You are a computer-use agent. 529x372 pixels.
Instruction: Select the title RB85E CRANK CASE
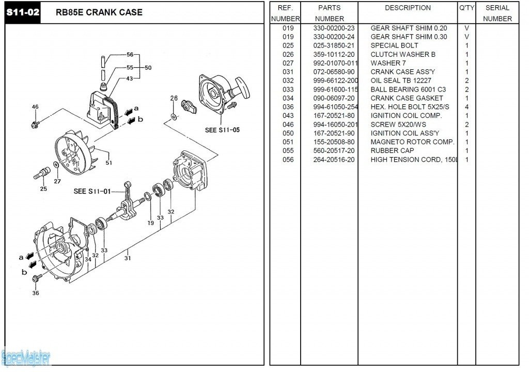pyautogui.click(x=99, y=12)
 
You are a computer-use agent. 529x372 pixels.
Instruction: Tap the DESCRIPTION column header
pyautogui.click(x=408, y=8)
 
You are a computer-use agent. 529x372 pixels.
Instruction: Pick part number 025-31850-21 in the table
pyautogui.click(x=334, y=45)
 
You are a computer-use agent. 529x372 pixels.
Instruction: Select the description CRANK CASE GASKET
pyautogui.click(x=407, y=98)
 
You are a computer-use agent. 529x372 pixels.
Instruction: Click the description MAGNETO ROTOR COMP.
pyautogui.click(x=412, y=142)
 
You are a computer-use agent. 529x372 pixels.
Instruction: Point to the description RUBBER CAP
pyautogui.click(x=392, y=151)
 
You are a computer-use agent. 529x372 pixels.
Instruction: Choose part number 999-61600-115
pyautogui.click(x=335, y=89)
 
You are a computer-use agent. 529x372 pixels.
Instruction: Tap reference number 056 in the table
pyautogui.click(x=288, y=160)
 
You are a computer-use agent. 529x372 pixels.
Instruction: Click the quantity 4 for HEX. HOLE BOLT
pyautogui.click(x=466, y=107)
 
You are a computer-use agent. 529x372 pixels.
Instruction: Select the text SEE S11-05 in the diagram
pyautogui.click(x=222, y=130)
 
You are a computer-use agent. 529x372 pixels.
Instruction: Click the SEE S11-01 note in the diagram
pyautogui.click(x=92, y=191)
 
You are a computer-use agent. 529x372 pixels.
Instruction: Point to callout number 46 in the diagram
pyautogui.click(x=35, y=107)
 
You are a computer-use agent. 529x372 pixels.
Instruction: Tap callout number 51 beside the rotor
pyautogui.click(x=109, y=163)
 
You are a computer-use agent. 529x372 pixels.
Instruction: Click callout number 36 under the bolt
pyautogui.click(x=36, y=293)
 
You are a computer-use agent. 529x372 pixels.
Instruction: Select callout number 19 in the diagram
pyautogui.click(x=150, y=223)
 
